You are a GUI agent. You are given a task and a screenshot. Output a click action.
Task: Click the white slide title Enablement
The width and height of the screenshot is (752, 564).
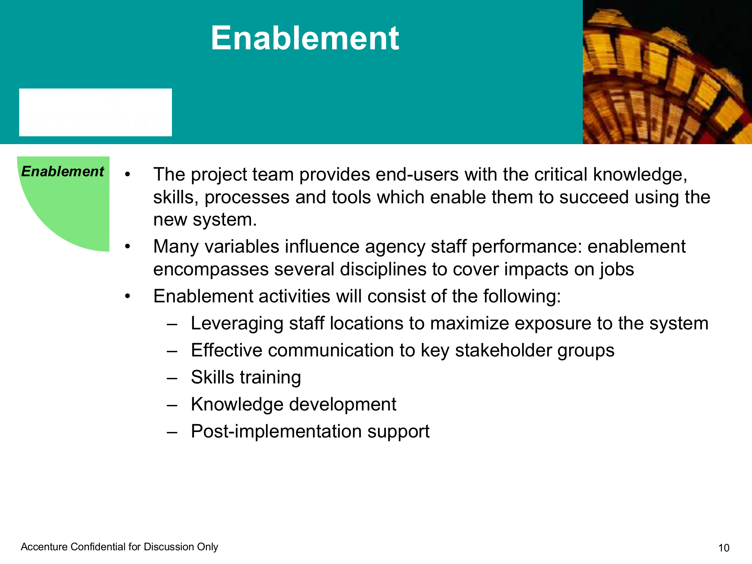tap(305, 38)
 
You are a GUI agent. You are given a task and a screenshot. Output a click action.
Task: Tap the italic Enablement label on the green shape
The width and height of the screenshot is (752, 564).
tap(63, 171)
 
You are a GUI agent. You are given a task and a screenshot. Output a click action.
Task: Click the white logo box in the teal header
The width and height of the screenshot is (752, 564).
tap(96, 112)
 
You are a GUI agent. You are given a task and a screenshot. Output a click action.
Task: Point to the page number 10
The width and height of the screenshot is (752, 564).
tap(724, 548)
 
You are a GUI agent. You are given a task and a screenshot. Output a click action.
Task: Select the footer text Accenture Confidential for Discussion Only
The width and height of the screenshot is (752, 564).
tap(119, 547)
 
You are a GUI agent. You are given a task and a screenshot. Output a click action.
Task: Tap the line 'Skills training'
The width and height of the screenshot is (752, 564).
tap(246, 378)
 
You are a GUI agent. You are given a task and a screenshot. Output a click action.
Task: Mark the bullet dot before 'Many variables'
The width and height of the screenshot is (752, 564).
tap(127, 247)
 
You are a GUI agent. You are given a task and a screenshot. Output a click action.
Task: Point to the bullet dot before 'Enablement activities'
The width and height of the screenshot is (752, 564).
tap(127, 296)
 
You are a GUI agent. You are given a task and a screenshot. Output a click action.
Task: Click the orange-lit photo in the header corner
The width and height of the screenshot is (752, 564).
tap(667, 72)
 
